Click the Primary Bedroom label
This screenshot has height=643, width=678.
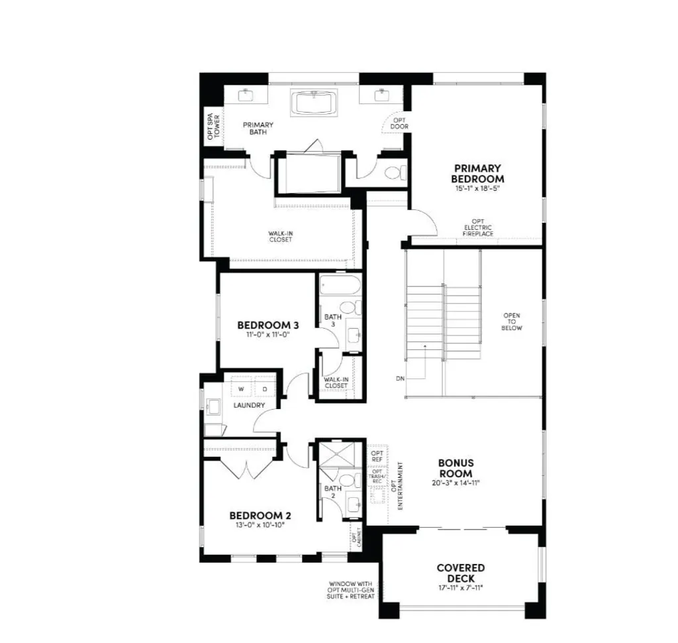click(477, 174)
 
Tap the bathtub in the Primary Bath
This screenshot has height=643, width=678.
click(314, 103)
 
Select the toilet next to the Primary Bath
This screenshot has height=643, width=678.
click(395, 174)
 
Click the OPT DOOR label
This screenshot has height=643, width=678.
click(399, 123)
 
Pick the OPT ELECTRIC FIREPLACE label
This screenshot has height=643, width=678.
click(477, 227)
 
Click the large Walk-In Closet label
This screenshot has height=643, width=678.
click(280, 237)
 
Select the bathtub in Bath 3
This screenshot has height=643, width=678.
click(339, 287)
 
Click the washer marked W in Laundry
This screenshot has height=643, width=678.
click(241, 388)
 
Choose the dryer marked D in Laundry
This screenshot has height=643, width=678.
click(264, 388)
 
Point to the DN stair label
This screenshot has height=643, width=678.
click(400, 379)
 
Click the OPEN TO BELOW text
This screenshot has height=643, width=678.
click(512, 322)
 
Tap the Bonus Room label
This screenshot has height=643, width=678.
click(456, 468)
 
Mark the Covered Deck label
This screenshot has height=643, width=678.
click(460, 573)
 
